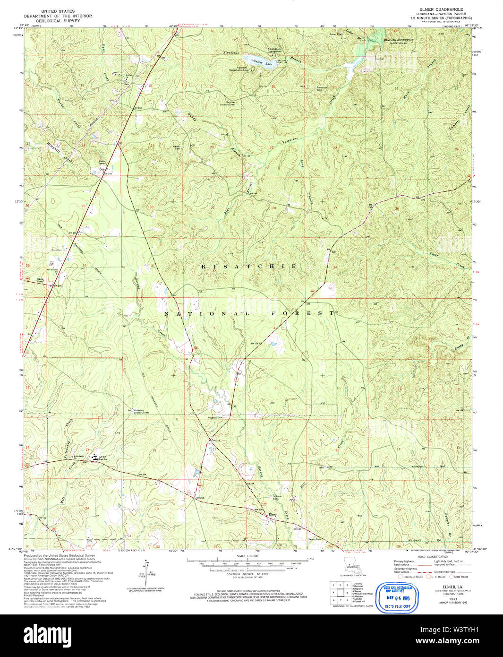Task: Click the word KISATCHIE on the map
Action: [x=249, y=267]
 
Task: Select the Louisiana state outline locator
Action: [x=350, y=566]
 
